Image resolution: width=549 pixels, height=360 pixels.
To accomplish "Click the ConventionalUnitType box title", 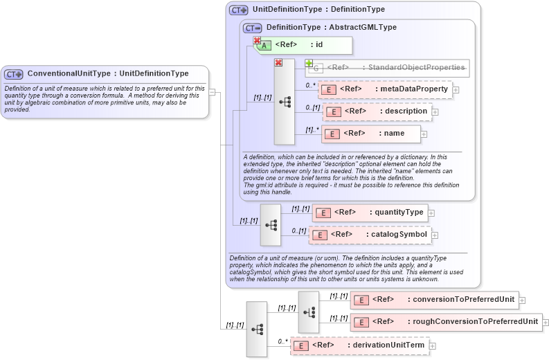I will click(107, 73).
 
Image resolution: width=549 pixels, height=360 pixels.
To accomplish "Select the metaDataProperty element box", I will click(385, 89).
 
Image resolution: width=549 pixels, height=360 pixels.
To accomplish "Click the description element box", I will click(377, 111).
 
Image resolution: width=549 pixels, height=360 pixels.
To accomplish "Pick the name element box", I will click(371, 133).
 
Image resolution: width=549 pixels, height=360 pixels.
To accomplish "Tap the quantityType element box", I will click(370, 213).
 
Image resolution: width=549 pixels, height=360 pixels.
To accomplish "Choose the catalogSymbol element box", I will click(370, 235).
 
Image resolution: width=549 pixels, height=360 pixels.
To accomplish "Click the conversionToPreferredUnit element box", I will click(434, 300).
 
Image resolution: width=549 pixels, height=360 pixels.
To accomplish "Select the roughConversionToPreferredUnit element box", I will click(446, 322).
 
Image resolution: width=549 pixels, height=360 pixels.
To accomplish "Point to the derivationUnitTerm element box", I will click(359, 345).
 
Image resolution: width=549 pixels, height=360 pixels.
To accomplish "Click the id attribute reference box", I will click(305, 45).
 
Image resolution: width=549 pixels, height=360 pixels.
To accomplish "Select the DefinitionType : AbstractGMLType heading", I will click(331, 27).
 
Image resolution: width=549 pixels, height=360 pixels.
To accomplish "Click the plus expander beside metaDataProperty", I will click(456, 90).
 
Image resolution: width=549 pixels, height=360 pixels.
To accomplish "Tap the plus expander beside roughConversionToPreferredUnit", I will click(546, 323).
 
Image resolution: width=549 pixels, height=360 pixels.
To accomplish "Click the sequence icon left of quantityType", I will click(271, 224).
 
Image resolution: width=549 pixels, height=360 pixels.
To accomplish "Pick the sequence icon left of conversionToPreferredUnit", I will click(309, 312).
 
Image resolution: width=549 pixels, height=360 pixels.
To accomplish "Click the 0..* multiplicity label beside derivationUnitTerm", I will click(282, 341).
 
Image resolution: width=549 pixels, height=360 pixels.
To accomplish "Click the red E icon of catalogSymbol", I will click(319, 235).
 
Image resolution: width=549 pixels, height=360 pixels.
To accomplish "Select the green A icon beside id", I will click(265, 46).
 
